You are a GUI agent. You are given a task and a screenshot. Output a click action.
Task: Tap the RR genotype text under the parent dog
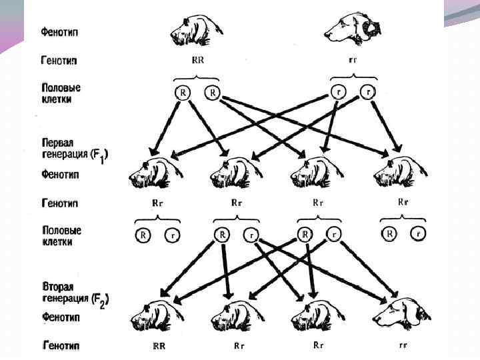tap(198, 59)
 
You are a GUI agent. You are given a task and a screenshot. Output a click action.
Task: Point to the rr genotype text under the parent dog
tap(353, 59)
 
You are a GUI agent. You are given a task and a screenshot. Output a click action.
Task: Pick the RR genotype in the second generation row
tap(159, 346)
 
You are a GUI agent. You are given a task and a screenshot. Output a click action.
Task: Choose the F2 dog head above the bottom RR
tap(157, 313)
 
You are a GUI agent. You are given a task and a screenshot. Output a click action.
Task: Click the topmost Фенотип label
tap(61, 32)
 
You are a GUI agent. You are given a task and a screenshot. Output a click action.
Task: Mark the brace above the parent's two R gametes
tap(197, 78)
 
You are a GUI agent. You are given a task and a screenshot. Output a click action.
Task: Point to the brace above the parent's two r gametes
tap(353, 78)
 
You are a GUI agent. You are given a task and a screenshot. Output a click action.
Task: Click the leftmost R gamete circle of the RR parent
tap(183, 93)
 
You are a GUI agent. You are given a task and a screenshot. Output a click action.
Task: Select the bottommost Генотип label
tap(61, 346)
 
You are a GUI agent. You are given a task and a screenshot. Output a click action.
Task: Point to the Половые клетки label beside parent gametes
tap(61, 93)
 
